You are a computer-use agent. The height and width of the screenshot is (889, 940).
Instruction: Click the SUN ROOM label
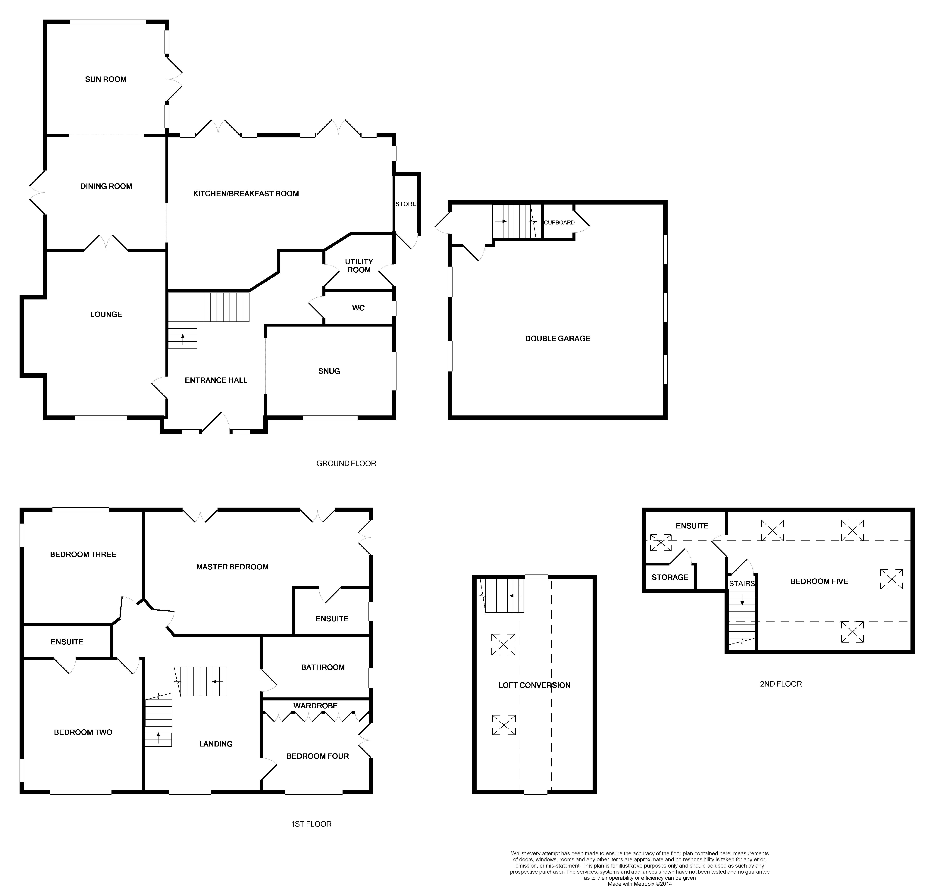point(106,79)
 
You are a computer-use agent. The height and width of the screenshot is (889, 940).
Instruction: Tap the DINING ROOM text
point(106,186)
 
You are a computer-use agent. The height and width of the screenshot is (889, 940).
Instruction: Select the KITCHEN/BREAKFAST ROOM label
point(246,193)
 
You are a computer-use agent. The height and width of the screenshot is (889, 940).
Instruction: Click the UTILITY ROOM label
point(359,265)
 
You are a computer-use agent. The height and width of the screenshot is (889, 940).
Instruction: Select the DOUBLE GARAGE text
point(558,338)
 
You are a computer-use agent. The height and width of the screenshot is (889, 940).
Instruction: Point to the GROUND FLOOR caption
point(346,463)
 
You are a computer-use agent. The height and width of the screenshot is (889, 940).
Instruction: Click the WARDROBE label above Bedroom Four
point(315,706)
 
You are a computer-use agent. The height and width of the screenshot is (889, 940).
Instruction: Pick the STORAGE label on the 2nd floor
point(670,577)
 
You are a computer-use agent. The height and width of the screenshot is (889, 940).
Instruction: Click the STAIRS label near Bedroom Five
point(742,583)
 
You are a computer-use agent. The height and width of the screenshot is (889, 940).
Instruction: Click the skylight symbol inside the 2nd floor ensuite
point(660,543)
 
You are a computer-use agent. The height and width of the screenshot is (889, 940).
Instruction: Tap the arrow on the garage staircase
point(501,221)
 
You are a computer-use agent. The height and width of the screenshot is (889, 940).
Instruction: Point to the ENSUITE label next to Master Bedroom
point(332,618)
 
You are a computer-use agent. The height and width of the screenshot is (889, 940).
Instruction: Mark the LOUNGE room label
point(106,314)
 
